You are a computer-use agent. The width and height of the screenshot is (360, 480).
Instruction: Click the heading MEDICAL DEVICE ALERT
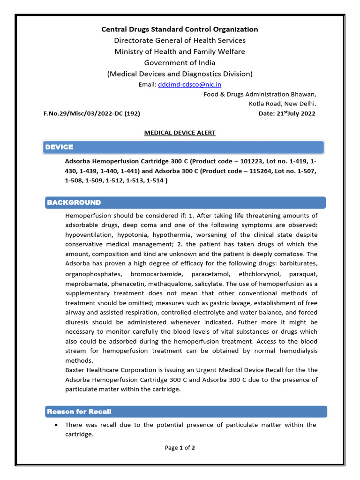click(x=180, y=133)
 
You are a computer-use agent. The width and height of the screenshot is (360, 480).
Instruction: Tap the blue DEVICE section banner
click(x=183, y=147)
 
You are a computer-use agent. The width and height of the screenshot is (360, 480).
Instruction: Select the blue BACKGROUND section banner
click(x=186, y=202)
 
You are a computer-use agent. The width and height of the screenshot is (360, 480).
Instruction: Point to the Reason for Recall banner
click(x=186, y=412)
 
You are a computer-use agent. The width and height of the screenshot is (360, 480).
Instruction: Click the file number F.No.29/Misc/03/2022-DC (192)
click(x=92, y=113)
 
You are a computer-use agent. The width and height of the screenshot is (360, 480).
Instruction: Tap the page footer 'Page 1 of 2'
click(x=180, y=448)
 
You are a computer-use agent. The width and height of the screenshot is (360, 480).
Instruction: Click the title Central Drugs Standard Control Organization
click(x=180, y=29)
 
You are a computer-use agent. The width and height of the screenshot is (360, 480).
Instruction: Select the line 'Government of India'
click(x=180, y=62)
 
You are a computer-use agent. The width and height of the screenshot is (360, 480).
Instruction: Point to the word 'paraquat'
click(x=303, y=274)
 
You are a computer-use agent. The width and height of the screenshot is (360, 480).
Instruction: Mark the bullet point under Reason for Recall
click(x=56, y=425)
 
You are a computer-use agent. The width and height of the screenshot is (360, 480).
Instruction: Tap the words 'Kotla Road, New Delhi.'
click(x=282, y=104)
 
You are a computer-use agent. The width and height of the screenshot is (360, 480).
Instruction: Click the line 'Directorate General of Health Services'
click(x=180, y=40)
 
